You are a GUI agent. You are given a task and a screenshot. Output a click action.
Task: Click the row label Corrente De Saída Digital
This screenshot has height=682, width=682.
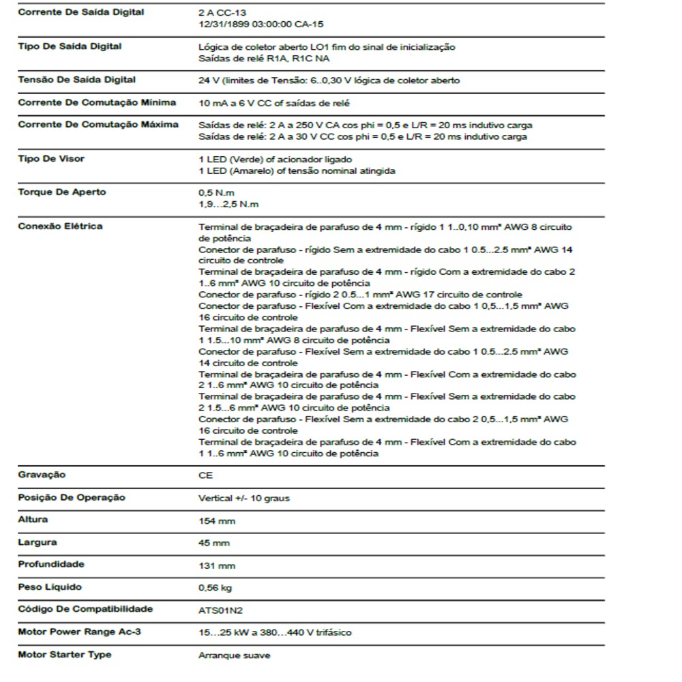point(80,12)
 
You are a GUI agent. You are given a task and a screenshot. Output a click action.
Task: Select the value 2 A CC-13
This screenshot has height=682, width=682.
point(222,13)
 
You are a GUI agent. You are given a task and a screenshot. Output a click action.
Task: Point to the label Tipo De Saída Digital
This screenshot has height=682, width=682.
point(70,46)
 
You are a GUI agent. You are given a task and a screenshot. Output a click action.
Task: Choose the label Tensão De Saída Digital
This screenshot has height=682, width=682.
point(76,80)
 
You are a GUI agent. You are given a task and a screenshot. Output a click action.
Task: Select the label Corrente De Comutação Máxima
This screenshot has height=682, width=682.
point(98,125)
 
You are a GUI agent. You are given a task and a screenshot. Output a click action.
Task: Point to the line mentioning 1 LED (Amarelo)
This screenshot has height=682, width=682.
point(297,171)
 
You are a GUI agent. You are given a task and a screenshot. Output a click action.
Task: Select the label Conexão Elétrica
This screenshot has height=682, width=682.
point(60,226)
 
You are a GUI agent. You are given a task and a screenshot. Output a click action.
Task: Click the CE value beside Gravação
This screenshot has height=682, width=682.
point(205,476)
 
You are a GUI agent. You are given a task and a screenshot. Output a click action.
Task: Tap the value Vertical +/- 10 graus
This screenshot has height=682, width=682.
point(243,499)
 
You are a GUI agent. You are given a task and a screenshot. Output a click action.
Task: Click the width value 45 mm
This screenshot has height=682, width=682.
point(213,544)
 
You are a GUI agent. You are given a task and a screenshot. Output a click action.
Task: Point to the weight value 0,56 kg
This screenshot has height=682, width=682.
point(215,588)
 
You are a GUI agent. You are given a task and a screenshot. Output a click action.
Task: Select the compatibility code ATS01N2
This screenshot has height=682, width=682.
point(220,610)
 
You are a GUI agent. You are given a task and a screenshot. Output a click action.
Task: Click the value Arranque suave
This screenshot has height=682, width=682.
point(234,656)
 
